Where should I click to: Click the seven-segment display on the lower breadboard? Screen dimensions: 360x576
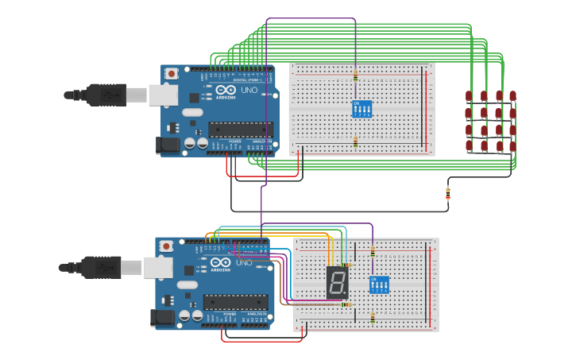pos(338,282)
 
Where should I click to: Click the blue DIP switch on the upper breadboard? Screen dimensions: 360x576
pos(361,109)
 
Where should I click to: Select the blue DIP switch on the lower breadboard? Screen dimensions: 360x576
pos(379,285)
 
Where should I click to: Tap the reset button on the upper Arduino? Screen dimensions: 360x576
pos(171,74)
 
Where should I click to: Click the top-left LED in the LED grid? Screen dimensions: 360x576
pos(469,96)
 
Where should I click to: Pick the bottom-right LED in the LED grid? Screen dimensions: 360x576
pos(512,146)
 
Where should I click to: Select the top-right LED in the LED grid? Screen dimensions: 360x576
pos(512,96)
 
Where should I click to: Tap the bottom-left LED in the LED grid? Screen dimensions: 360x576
pos(469,146)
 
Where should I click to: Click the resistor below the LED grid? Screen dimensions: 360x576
pos(447,192)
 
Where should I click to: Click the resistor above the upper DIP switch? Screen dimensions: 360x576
pos(355,76)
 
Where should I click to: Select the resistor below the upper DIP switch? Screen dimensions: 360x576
pos(355,141)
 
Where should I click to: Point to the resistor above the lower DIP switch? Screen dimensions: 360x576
pos(373,252)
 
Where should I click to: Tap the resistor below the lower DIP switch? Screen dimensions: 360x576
pos(373,317)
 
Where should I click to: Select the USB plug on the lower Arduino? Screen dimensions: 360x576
pos(100,268)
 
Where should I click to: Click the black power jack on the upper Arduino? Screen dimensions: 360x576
pos(168,145)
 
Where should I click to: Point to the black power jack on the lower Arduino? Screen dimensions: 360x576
pos(162,318)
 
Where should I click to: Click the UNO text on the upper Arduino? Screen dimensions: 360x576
pos(249,91)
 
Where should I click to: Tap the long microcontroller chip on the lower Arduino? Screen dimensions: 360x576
pos(235,302)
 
